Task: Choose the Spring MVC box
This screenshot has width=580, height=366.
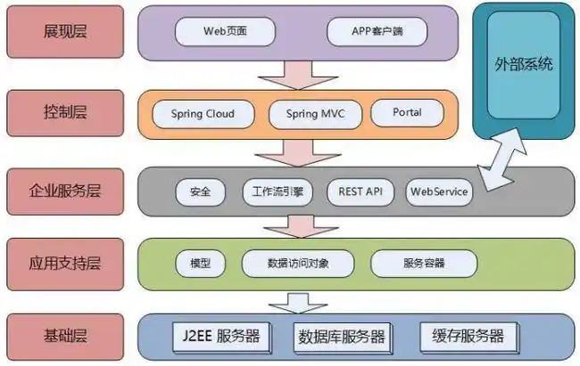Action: [315, 114]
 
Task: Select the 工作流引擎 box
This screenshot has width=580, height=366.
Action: [278, 191]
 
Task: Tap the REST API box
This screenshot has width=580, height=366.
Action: [360, 191]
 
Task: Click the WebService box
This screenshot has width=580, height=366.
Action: [438, 191]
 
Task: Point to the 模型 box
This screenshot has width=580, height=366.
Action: [200, 264]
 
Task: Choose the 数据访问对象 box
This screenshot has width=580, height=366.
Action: [297, 264]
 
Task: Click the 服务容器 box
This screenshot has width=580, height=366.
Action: [423, 264]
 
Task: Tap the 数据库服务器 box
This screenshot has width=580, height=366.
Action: [342, 337]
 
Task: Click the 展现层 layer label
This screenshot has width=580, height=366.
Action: [65, 33]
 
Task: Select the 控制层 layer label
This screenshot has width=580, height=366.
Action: [65, 113]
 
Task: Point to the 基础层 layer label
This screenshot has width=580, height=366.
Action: [65, 336]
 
